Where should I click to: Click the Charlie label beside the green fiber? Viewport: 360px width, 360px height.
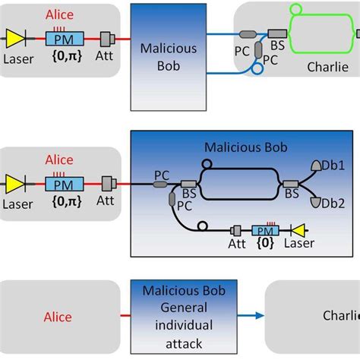(328, 66)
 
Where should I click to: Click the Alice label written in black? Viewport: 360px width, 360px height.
(58, 317)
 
